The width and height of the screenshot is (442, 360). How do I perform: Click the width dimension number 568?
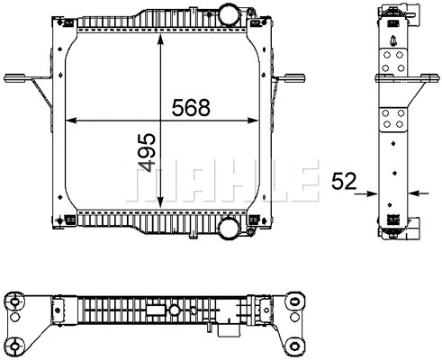[x=190, y=107]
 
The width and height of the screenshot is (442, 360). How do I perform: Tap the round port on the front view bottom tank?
[x=230, y=228]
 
